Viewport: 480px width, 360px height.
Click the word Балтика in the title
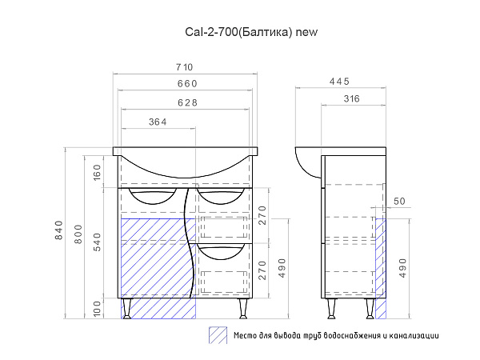pyautogui.click(x=264, y=32)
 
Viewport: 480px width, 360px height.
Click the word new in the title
pyautogui.click(x=306, y=32)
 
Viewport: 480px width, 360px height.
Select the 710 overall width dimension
pyautogui.click(x=185, y=67)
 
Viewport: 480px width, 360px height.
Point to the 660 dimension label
pyautogui.click(x=187, y=83)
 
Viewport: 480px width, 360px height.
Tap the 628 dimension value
pyautogui.click(x=188, y=102)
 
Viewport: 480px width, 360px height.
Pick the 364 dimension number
pyautogui.click(x=158, y=122)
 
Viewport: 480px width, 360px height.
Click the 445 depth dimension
pyautogui.click(x=339, y=82)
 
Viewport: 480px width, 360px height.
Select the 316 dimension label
pyautogui.click(x=351, y=98)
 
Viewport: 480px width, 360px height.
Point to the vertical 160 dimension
pyautogui.click(x=97, y=172)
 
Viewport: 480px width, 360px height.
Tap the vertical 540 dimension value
pyautogui.click(x=97, y=242)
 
